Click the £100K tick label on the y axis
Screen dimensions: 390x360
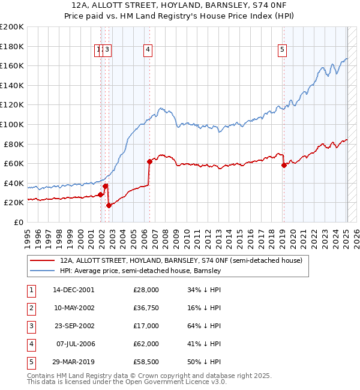pos(12,124)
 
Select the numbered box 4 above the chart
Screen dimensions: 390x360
pos(148,50)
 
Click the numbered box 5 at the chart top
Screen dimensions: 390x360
pos(282,50)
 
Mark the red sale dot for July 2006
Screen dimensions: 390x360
pos(149,161)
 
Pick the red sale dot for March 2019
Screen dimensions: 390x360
pos(284,165)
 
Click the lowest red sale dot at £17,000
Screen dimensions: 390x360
pos(109,205)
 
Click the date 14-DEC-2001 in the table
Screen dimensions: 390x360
pos(73,290)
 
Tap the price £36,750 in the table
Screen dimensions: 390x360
pos(146,308)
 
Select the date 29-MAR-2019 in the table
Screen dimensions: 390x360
pos(73,362)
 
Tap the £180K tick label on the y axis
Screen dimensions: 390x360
pos(12,46)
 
